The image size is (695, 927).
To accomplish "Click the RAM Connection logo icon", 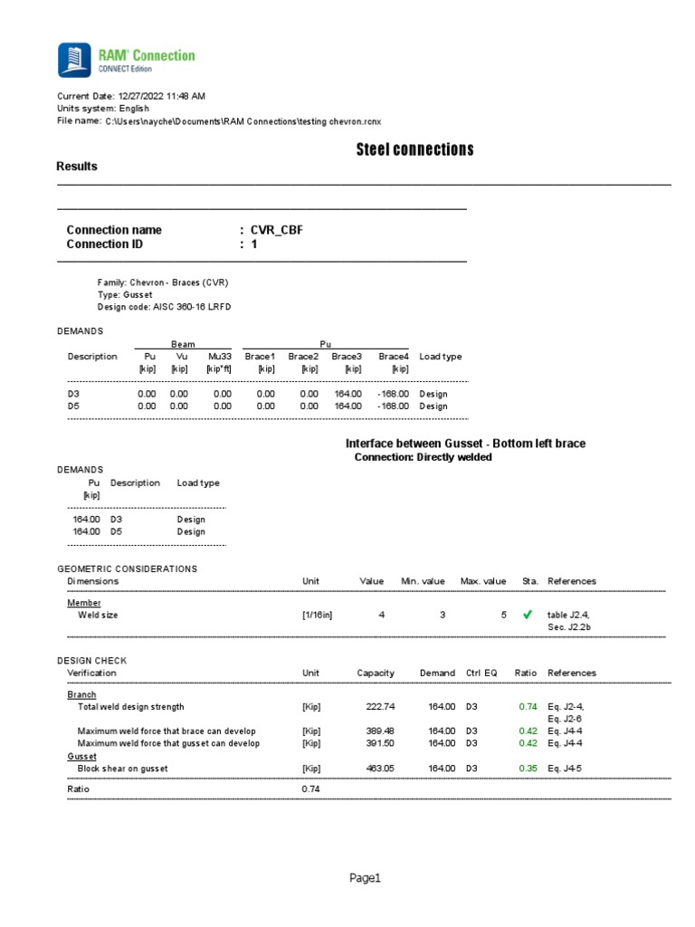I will (x=74, y=60).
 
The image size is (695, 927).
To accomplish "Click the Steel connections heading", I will (x=414, y=149).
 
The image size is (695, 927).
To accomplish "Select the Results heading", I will (x=77, y=167).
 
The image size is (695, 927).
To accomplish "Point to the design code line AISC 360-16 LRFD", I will (x=164, y=307).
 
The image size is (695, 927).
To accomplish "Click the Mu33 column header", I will (x=220, y=357).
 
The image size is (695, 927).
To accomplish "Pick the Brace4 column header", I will (x=394, y=357).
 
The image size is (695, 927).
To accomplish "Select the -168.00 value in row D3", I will (x=393, y=394).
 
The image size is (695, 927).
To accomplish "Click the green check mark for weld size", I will (x=528, y=615).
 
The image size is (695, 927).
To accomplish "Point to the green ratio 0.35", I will (x=527, y=769).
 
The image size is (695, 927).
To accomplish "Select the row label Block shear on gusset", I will (x=123, y=769).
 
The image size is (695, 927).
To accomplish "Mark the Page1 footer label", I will (x=367, y=877).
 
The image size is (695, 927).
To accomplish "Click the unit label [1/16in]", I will (x=317, y=615).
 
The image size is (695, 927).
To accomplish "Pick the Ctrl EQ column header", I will (x=481, y=673).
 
